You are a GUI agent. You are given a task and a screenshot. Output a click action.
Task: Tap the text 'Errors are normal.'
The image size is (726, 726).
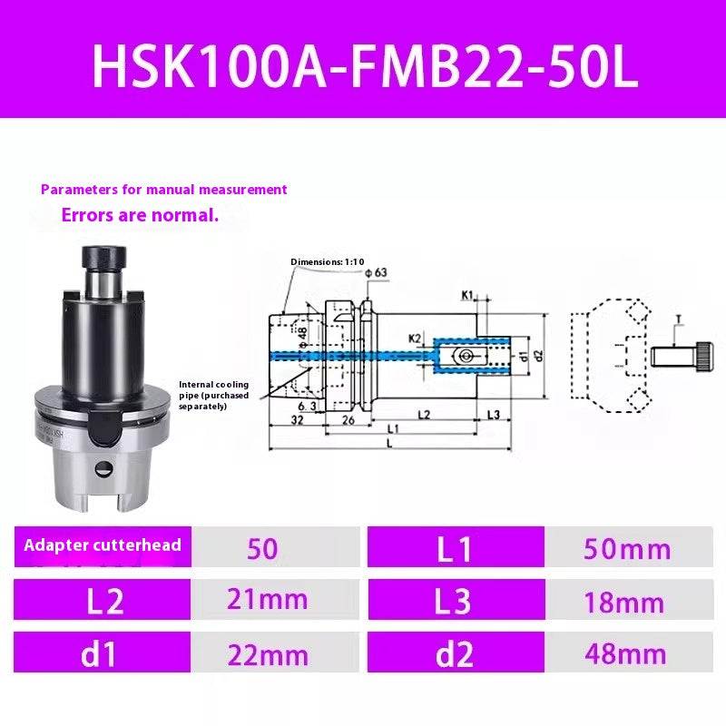[x=140, y=216]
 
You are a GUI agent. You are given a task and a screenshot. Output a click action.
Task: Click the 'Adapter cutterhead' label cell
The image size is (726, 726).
[x=103, y=545]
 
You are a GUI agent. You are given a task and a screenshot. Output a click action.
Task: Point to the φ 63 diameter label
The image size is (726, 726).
[x=375, y=271]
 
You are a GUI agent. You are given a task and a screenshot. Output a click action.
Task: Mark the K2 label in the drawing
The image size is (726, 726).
[x=415, y=338]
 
